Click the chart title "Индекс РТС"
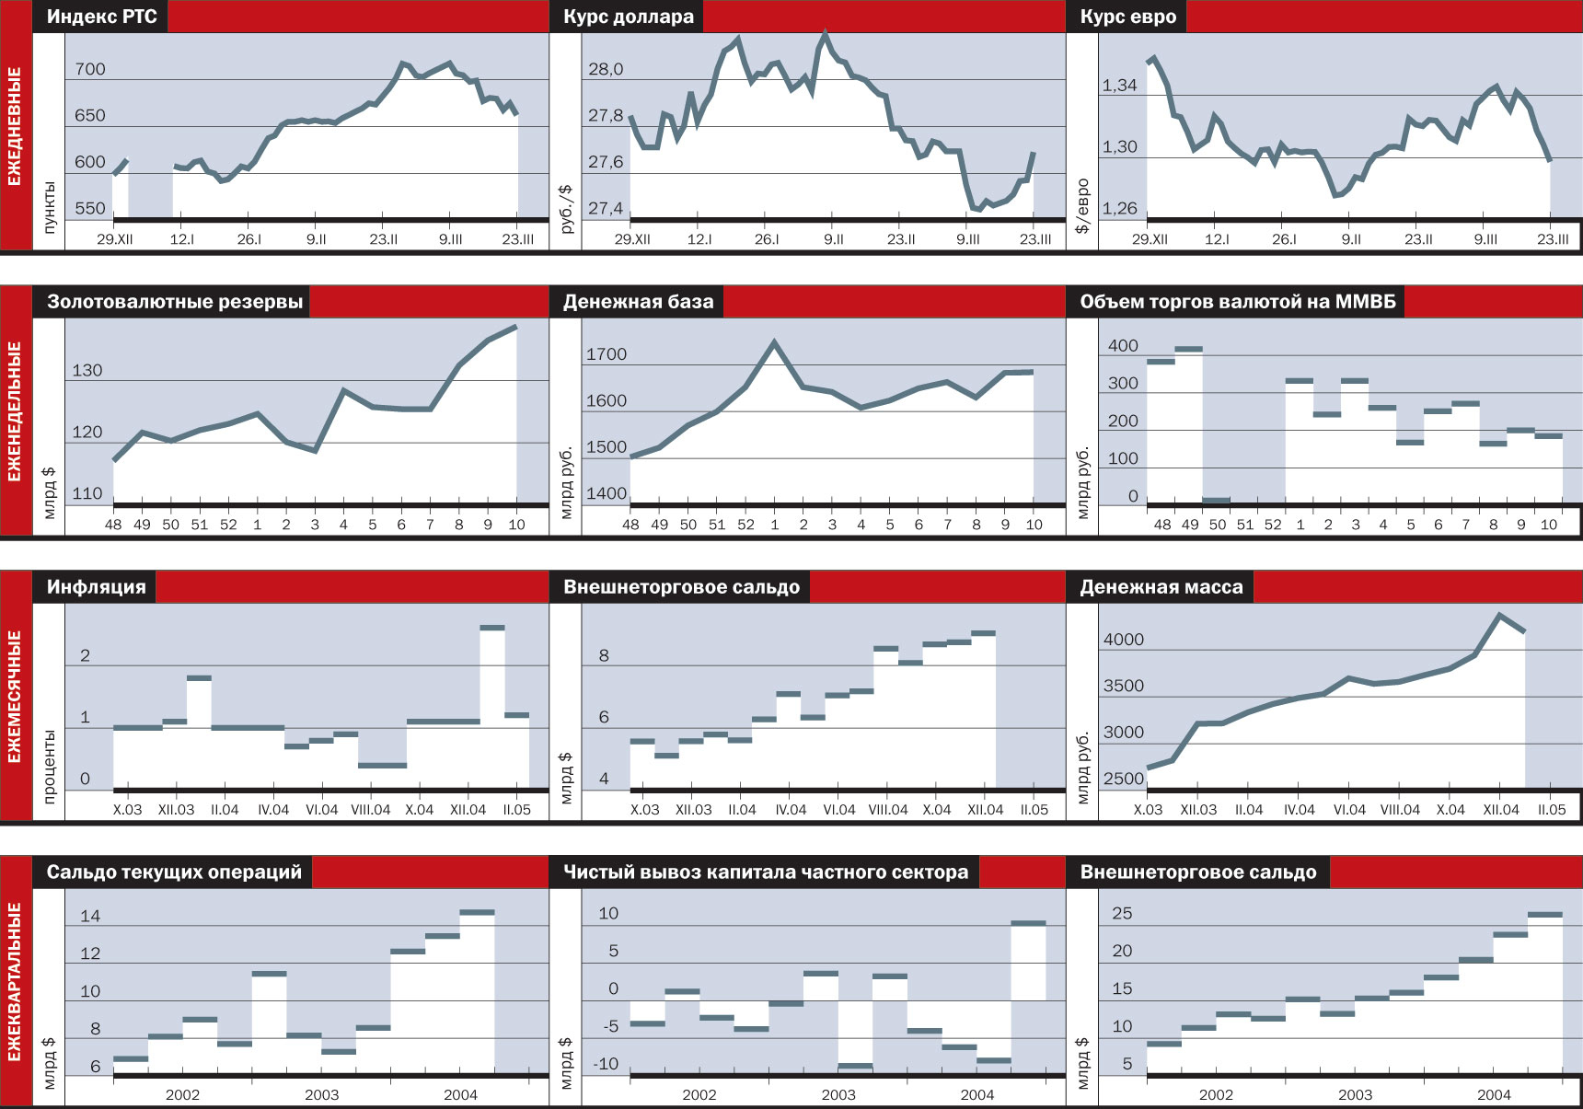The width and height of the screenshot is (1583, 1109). point(101,17)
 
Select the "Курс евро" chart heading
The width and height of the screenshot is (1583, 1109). point(1127,17)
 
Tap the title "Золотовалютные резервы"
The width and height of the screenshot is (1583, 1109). point(175,302)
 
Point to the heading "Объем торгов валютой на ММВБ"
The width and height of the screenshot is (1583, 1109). point(1237,302)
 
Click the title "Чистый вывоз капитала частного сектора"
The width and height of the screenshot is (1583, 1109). point(765,872)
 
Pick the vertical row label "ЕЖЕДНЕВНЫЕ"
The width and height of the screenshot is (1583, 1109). point(16,126)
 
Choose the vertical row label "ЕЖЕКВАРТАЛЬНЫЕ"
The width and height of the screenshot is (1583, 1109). point(16,981)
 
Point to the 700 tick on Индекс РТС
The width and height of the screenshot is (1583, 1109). point(90,69)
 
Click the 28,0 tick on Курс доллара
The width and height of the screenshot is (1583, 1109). point(606,69)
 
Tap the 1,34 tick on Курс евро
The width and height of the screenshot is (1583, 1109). point(1120,86)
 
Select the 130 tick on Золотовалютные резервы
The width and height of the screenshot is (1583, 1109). point(87,370)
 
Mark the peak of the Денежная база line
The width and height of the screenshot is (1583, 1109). point(775,343)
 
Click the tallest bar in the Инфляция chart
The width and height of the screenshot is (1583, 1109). point(492,629)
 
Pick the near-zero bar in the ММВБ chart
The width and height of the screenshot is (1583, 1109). point(1217,501)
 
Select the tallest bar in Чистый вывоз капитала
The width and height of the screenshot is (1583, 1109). point(1028,923)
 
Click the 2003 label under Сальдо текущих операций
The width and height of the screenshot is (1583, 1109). point(321,1094)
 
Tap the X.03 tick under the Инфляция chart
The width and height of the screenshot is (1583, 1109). point(127,810)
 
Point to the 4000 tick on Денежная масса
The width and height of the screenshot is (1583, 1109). point(1124,640)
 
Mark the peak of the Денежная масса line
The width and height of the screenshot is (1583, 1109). point(1499,615)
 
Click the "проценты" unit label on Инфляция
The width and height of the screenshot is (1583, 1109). point(50,766)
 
